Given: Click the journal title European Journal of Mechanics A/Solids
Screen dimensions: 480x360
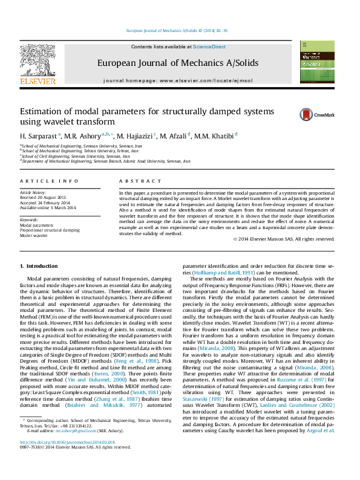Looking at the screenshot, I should [178, 63].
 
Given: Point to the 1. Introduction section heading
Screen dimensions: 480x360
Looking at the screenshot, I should [39, 266].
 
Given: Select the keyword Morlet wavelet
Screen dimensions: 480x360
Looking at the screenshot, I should [33, 235].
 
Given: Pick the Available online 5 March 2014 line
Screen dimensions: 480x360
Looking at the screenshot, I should [48, 208].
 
